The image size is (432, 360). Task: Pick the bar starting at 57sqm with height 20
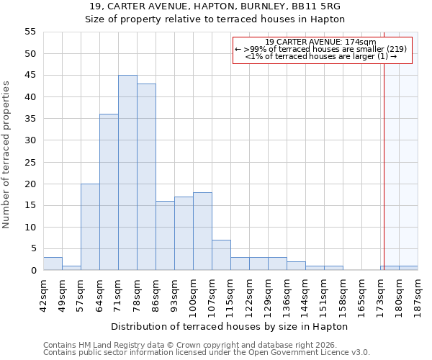[90, 227]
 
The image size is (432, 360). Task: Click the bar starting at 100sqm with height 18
[202, 231]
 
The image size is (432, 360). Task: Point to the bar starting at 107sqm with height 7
[221, 255]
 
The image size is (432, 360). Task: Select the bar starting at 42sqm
[53, 264]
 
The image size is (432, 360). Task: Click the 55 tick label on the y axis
[30, 32]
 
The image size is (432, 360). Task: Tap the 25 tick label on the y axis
[30, 162]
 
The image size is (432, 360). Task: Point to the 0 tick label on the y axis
[33, 271]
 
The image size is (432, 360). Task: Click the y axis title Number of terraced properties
[6, 155]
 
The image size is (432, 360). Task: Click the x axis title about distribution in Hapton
[230, 326]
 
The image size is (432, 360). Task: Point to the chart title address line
[215, 6]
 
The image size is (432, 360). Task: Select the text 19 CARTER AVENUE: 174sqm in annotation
[320, 42]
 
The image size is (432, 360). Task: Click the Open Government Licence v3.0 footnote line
[207, 353]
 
